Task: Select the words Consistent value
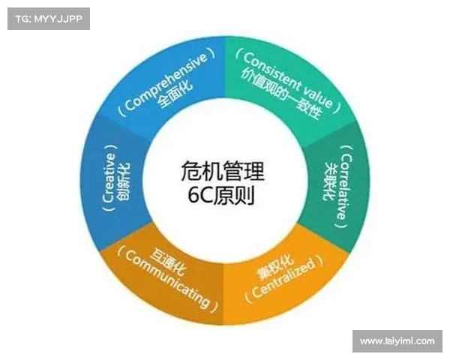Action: pyautogui.click(x=288, y=79)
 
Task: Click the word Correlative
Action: pyautogui.click(x=346, y=187)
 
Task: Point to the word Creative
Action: pyautogui.click(x=109, y=178)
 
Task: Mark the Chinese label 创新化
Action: pyautogui.click(x=124, y=181)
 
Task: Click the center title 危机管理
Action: pyautogui.click(x=223, y=172)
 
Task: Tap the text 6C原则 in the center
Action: pyautogui.click(x=221, y=196)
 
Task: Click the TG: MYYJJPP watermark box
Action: pyautogui.click(x=49, y=19)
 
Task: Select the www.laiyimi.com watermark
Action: pyautogui.click(x=397, y=341)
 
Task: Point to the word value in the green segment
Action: pyautogui.click(x=318, y=97)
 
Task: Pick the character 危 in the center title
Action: pyautogui.click(x=191, y=172)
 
